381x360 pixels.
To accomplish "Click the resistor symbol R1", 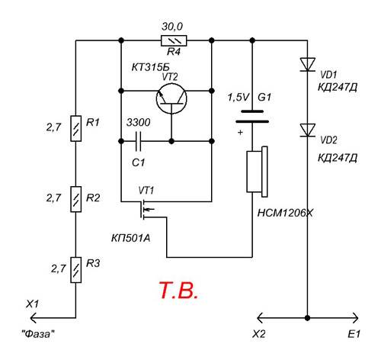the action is coord(75,128).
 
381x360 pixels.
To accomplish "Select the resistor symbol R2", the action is coord(75,199).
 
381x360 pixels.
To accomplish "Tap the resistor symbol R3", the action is coord(75,270).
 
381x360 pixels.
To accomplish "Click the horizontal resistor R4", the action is coord(174,40).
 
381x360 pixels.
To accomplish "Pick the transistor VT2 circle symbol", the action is coord(171,99).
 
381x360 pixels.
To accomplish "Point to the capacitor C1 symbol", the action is coord(139,141).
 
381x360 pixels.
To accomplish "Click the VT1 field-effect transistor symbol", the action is coord(146,209).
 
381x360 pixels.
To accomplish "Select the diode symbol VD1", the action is coord(308,64).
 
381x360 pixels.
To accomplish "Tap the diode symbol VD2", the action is coord(308,130).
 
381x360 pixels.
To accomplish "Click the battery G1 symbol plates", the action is coord(252,117).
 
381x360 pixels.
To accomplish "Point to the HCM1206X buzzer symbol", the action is coord(257,172).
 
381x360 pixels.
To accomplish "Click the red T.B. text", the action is coord(178,291).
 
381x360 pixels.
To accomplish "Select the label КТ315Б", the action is coord(150,67).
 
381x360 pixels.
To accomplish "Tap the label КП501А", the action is coord(131,238).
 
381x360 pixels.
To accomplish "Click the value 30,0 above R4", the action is coord(172,27).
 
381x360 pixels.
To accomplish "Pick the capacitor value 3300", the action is coord(139,123).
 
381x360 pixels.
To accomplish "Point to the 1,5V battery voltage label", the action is coord(239,98).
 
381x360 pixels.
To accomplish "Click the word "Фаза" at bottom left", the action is coord(38,333).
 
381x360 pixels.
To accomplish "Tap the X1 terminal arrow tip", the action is coord(30,318).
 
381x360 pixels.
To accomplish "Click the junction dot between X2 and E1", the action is coord(308,318).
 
